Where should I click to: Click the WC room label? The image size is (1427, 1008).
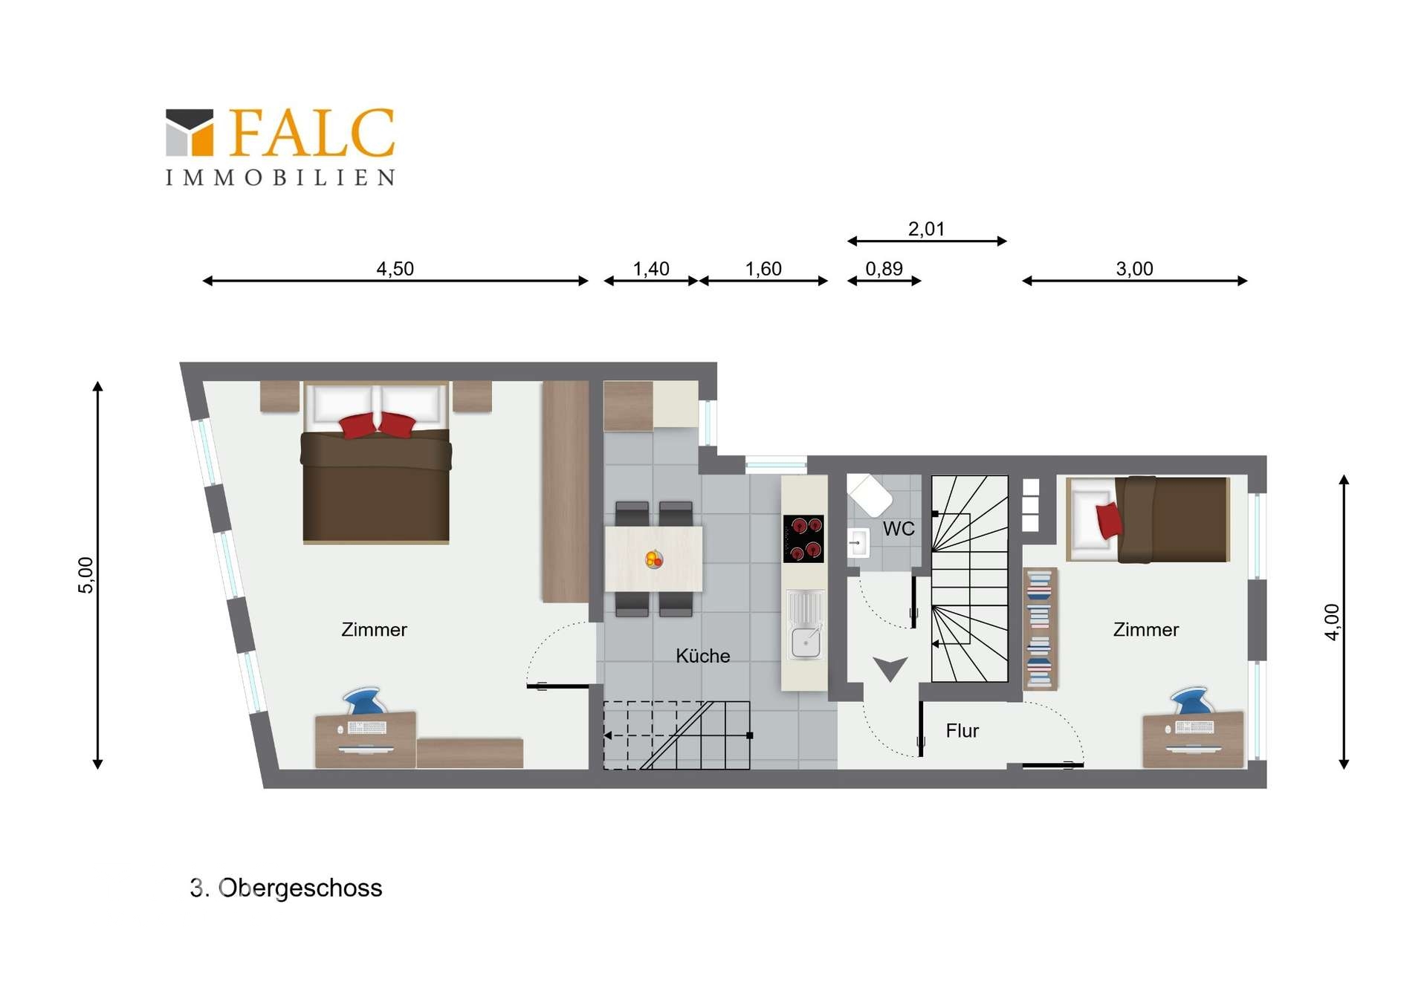click(899, 529)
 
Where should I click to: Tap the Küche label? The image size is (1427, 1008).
click(702, 656)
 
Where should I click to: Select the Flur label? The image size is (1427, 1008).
click(962, 731)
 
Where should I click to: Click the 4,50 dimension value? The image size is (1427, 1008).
click(395, 269)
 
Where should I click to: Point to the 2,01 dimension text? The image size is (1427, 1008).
click(926, 229)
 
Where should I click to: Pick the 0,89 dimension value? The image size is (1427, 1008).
click(884, 269)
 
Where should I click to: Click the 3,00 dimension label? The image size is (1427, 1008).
click(1134, 269)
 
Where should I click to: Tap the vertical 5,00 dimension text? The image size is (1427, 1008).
click(86, 575)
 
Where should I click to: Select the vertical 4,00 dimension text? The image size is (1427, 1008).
click(1332, 622)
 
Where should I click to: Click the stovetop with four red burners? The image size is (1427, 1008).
click(803, 539)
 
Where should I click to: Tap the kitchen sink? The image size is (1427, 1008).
click(806, 625)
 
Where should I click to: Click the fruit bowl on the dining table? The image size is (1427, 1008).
click(654, 559)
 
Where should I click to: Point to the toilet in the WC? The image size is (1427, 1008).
click(870, 493)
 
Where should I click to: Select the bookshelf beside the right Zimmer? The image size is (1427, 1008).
click(1040, 628)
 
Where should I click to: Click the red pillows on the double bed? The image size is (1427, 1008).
click(378, 425)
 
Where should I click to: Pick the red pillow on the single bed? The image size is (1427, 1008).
click(1109, 521)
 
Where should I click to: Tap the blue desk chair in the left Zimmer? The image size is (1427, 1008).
click(363, 701)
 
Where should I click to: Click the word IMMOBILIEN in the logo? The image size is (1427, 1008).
click(280, 178)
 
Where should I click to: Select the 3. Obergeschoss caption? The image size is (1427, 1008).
click(286, 888)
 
